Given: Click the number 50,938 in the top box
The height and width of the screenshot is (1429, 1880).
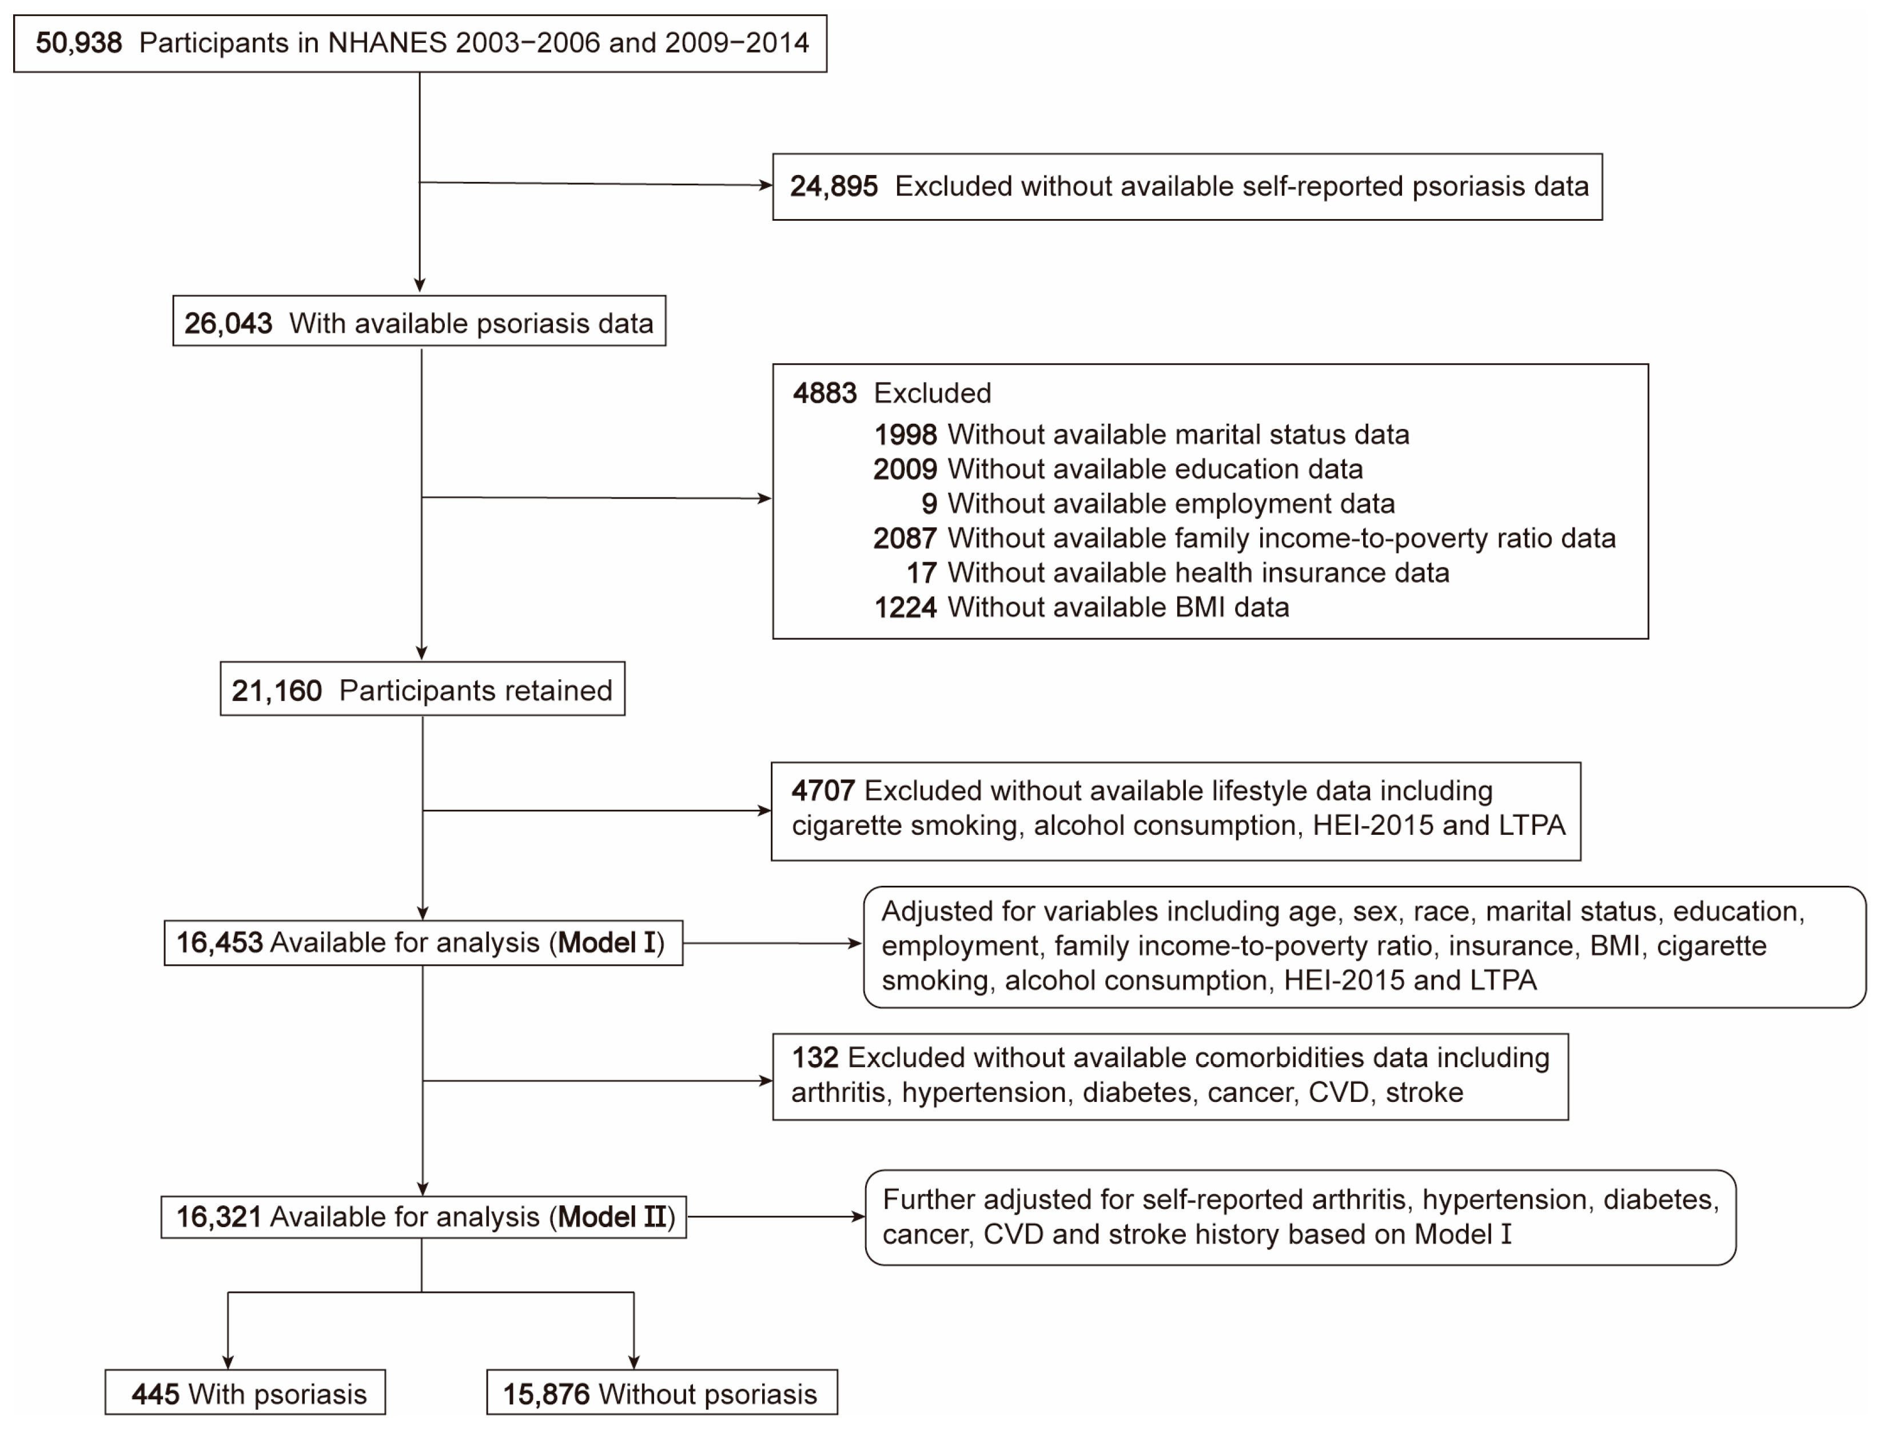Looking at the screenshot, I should [x=78, y=42].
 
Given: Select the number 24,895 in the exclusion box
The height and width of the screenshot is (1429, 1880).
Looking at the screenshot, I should [x=833, y=186].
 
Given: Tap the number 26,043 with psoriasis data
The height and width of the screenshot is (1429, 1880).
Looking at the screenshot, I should [x=228, y=323].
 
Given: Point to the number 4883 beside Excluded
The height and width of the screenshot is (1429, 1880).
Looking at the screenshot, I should [x=824, y=393].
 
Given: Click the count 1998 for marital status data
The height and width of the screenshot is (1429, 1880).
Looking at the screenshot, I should [x=905, y=435].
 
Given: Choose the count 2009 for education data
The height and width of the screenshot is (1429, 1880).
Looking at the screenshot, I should [x=905, y=469].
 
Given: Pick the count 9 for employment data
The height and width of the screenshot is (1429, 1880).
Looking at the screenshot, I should [x=929, y=504].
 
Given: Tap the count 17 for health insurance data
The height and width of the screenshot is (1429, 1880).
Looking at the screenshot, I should [x=922, y=572].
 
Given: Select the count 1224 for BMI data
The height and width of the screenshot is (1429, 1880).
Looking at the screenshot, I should [x=905, y=607].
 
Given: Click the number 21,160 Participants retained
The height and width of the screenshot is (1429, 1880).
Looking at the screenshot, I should [x=276, y=690].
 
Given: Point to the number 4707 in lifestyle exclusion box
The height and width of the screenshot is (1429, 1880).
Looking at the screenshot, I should [x=822, y=791].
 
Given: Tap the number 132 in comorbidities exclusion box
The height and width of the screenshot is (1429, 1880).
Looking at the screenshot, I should [x=815, y=1057].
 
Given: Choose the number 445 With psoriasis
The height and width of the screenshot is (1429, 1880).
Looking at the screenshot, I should [x=155, y=1394].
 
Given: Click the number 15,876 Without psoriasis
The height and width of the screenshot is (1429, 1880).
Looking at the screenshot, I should [x=546, y=1394].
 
